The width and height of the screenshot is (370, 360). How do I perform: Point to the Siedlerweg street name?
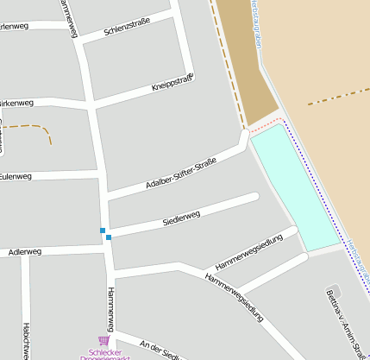[x=181, y=218]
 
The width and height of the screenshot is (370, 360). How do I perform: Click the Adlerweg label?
[x=24, y=252]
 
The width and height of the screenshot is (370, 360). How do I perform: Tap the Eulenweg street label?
[x=16, y=176]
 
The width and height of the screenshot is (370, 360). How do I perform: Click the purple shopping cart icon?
[x=104, y=341]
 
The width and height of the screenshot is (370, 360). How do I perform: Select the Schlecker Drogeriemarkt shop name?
[x=104, y=354]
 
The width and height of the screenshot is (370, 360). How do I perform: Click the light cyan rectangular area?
[x=295, y=186]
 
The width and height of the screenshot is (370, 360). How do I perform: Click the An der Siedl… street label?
[x=159, y=350]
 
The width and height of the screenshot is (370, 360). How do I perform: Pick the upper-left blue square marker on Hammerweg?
[x=103, y=231]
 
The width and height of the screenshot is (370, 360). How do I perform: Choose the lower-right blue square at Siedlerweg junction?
[x=109, y=237]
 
